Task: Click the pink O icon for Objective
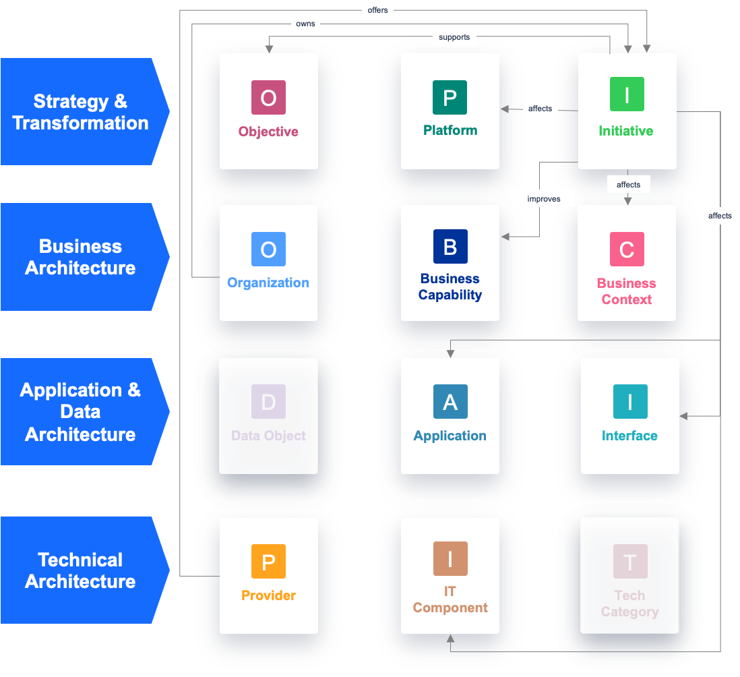pyautogui.click(x=268, y=98)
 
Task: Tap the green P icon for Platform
pyautogui.click(x=450, y=97)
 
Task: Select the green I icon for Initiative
pyautogui.click(x=627, y=94)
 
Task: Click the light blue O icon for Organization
pyautogui.click(x=268, y=249)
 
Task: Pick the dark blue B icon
pyautogui.click(x=450, y=246)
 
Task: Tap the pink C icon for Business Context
pyautogui.click(x=627, y=249)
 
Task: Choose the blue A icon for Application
pyautogui.click(x=450, y=402)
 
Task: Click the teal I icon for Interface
pyautogui.click(x=630, y=402)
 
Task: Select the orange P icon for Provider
pyautogui.click(x=268, y=561)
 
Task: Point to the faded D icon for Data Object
pyautogui.click(x=268, y=402)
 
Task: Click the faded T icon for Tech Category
pyautogui.click(x=630, y=561)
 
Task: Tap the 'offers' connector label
pyautogui.click(x=377, y=10)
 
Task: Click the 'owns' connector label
pyautogui.click(x=305, y=24)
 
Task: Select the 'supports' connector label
pyautogui.click(x=454, y=37)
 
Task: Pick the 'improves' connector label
pyautogui.click(x=543, y=199)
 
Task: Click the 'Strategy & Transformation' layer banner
pyautogui.click(x=81, y=112)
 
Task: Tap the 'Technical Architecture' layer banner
pyautogui.click(x=81, y=570)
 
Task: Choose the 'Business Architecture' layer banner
pyautogui.click(x=81, y=257)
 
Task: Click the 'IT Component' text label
pyautogui.click(x=450, y=599)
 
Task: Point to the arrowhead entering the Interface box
pyautogui.click(x=683, y=416)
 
